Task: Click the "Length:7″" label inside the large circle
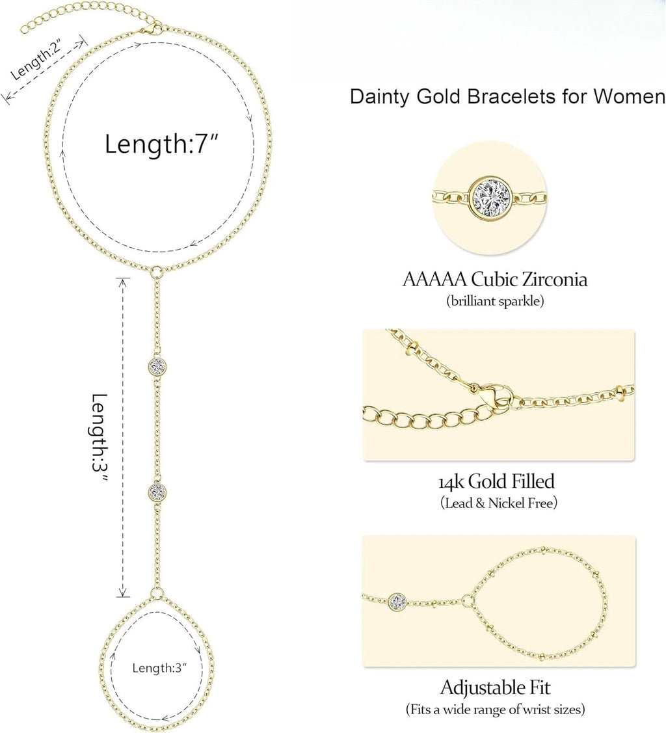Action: point(162,144)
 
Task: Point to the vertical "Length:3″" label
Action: point(100,440)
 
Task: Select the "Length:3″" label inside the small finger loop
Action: point(159,667)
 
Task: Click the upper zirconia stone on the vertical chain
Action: point(157,366)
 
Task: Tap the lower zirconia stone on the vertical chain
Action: point(157,491)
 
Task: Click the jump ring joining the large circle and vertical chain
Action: point(157,271)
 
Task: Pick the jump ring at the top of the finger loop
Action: point(157,594)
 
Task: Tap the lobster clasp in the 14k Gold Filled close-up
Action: point(491,395)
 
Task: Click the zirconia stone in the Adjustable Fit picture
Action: point(398,602)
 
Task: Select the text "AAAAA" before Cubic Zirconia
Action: point(434,279)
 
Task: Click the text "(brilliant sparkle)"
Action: point(495,300)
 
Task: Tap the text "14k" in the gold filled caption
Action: point(451,482)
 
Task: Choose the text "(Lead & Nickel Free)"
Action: point(499,503)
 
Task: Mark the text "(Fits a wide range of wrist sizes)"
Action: point(496,710)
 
